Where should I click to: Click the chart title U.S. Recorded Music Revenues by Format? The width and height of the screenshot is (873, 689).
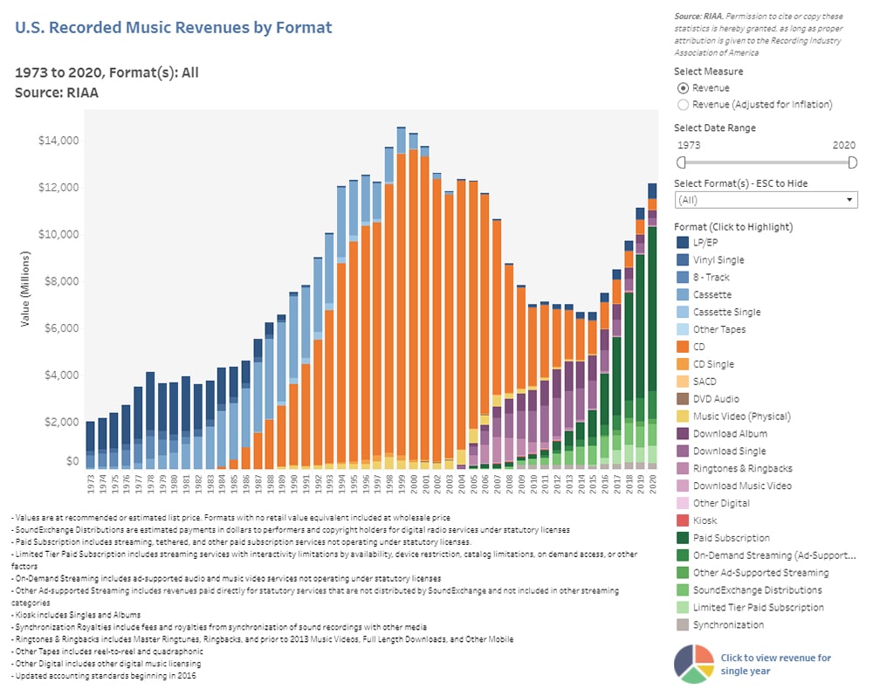point(174,28)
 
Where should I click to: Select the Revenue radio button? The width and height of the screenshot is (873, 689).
point(683,88)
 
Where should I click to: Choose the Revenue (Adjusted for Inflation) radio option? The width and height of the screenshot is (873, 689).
point(683,105)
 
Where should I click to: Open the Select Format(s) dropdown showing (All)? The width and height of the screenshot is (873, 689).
point(766,200)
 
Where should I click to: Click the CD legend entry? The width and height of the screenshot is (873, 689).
point(700,347)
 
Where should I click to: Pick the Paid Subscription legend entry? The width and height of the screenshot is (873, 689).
point(731,538)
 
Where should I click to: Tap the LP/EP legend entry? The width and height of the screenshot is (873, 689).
point(708,242)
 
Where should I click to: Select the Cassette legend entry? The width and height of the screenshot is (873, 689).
point(711,294)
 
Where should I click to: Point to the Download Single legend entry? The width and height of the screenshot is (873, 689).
point(730,451)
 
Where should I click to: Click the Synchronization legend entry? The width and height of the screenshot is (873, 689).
point(727,624)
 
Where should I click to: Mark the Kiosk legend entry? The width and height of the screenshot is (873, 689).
point(705,520)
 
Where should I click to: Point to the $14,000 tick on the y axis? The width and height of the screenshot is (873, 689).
point(58,141)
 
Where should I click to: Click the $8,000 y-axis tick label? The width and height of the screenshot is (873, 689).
point(61,281)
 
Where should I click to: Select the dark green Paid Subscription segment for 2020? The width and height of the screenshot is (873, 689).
point(652,306)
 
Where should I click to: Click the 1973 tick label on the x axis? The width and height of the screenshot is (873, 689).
point(90,484)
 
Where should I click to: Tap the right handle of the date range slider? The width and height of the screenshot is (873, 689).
point(852,162)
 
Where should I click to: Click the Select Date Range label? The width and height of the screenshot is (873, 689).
point(715,127)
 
